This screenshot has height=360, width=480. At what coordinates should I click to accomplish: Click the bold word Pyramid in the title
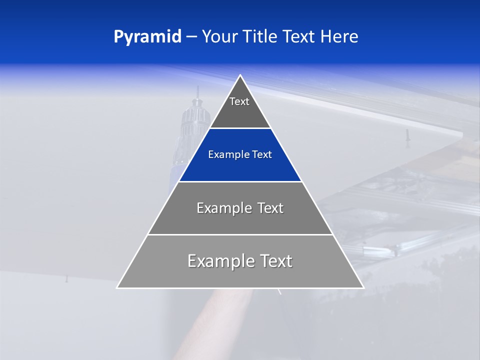[147, 37]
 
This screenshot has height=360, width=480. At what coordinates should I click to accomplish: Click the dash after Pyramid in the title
[191, 37]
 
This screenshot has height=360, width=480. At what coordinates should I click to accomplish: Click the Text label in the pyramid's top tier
[239, 101]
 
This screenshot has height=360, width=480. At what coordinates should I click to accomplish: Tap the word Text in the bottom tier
[275, 261]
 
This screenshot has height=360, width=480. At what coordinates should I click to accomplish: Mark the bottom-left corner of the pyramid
[117, 287]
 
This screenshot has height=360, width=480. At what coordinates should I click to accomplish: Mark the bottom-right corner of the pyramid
[363, 287]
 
